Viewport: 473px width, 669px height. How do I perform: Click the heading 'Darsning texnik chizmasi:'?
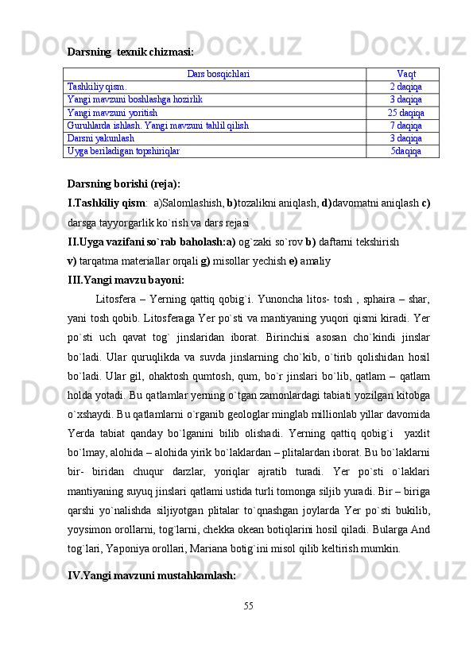click(130, 52)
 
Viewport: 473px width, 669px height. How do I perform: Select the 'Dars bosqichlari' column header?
click(218, 74)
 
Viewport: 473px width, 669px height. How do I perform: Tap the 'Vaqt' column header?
click(405, 74)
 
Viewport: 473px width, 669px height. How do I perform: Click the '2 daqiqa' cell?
click(405, 87)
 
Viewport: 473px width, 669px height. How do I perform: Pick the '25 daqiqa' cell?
click(405, 113)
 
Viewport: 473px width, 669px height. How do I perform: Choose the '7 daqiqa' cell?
click(405, 126)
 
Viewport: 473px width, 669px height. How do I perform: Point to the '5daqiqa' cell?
click(405, 150)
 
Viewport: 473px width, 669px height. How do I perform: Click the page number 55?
click(249, 627)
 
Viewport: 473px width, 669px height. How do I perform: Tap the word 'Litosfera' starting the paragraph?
click(114, 300)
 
